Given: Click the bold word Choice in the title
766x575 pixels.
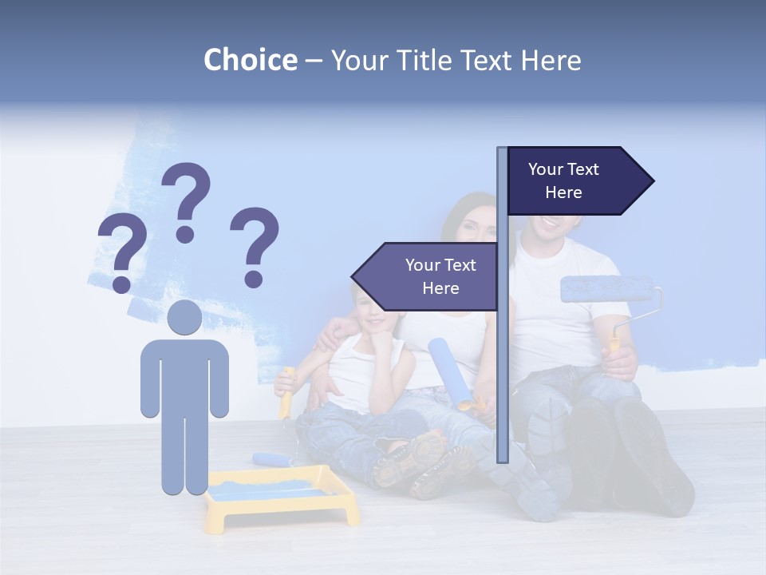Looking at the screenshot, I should point(250,60).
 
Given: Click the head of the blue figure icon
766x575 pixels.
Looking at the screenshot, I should point(184,317).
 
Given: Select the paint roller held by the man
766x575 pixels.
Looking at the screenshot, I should point(606,289).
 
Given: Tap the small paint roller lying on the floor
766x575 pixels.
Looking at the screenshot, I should point(271,458).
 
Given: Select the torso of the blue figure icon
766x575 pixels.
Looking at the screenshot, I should point(184,375).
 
